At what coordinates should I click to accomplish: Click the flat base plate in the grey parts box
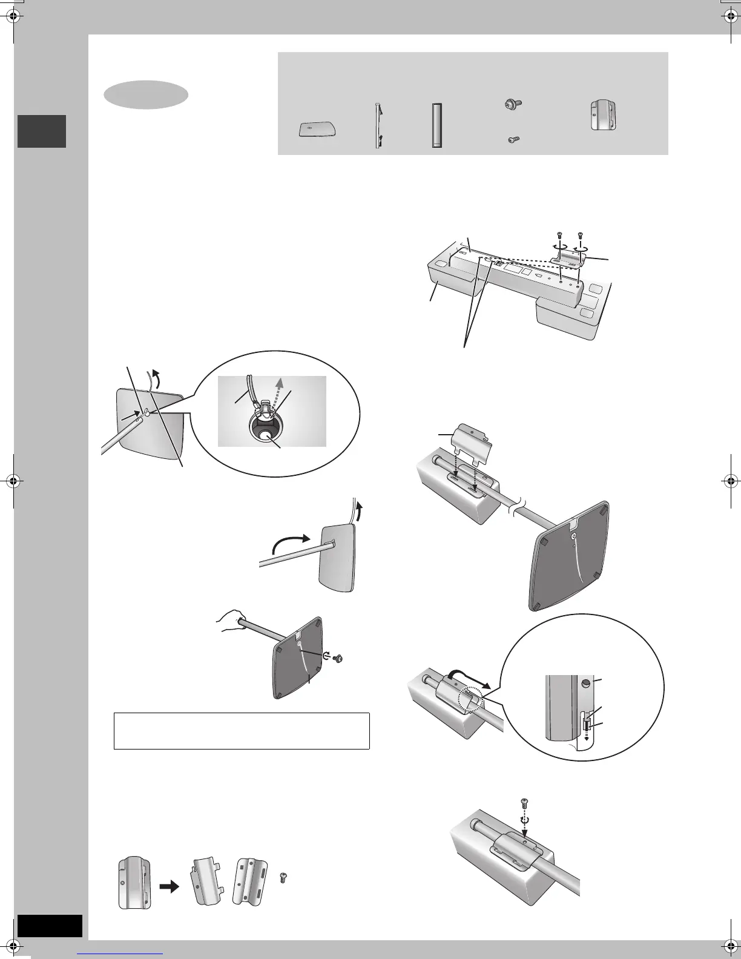tap(317, 130)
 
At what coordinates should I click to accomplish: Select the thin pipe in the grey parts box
tap(378, 125)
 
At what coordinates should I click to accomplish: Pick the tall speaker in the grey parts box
tap(436, 125)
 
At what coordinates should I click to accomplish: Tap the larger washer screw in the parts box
tap(510, 105)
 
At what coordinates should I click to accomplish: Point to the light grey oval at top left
tap(146, 94)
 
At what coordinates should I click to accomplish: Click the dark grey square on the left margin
tap(42, 131)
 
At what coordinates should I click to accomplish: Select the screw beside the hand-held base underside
tap(340, 657)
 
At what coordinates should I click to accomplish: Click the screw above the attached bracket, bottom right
tap(524, 805)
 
